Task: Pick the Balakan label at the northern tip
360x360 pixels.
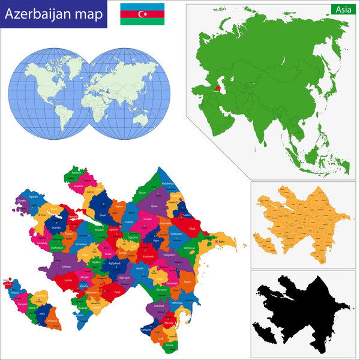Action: coord(76,173)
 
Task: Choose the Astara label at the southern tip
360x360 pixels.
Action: coord(170,346)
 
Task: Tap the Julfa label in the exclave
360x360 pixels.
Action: coord(41,314)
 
